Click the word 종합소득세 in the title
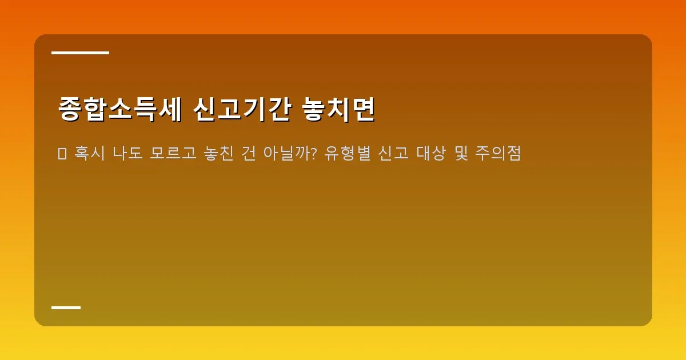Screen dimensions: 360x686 pyautogui.click(x=120, y=109)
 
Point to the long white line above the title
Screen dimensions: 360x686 pyautogui.click(x=80, y=53)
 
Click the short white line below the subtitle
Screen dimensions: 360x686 pyautogui.click(x=66, y=307)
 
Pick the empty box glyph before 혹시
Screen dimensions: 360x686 pyautogui.click(x=62, y=154)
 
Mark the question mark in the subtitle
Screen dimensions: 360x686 pyautogui.click(x=313, y=154)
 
